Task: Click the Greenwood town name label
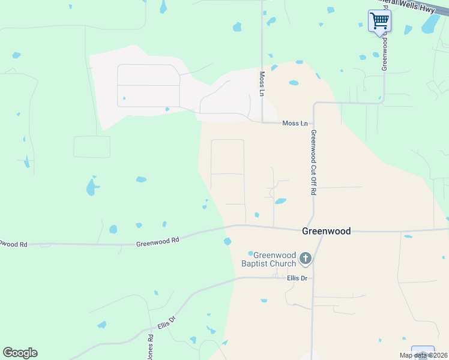pos(326,230)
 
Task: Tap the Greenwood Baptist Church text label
pos(274,259)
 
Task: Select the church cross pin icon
pos(306,259)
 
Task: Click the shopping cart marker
pos(379,22)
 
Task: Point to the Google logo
pos(20,353)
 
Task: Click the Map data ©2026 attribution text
pos(423,355)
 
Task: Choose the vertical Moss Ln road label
pos(262,84)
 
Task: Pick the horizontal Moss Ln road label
pos(295,124)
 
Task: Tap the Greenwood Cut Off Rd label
pos(313,163)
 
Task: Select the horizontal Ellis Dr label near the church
pos(297,278)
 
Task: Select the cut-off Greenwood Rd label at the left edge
pos(13,244)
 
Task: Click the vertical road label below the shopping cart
pos(385,54)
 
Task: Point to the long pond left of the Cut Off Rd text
pos(280,201)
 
